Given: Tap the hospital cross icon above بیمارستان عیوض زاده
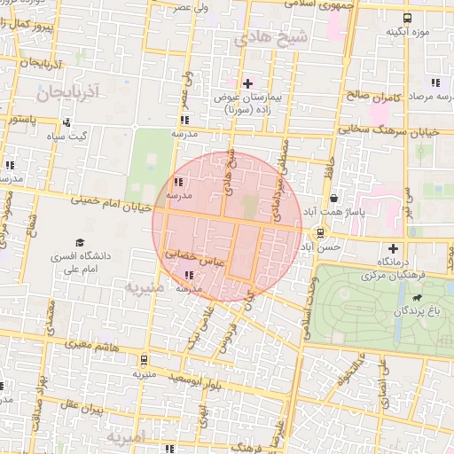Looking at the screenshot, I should coord(247,83).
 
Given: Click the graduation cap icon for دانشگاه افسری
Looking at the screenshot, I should coord(81,242).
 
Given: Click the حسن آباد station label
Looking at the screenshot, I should coord(320,249).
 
